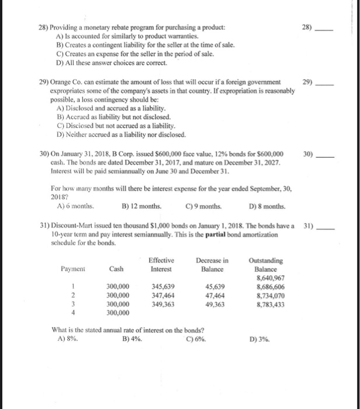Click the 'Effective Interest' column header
click(x=161, y=265)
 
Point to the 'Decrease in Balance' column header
click(x=212, y=265)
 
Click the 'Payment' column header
click(x=73, y=269)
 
